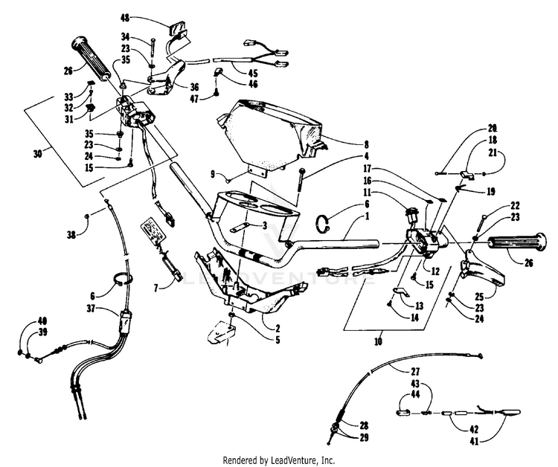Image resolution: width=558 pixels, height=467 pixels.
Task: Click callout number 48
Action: [x=124, y=17]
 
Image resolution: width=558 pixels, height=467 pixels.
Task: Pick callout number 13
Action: [x=419, y=304]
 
